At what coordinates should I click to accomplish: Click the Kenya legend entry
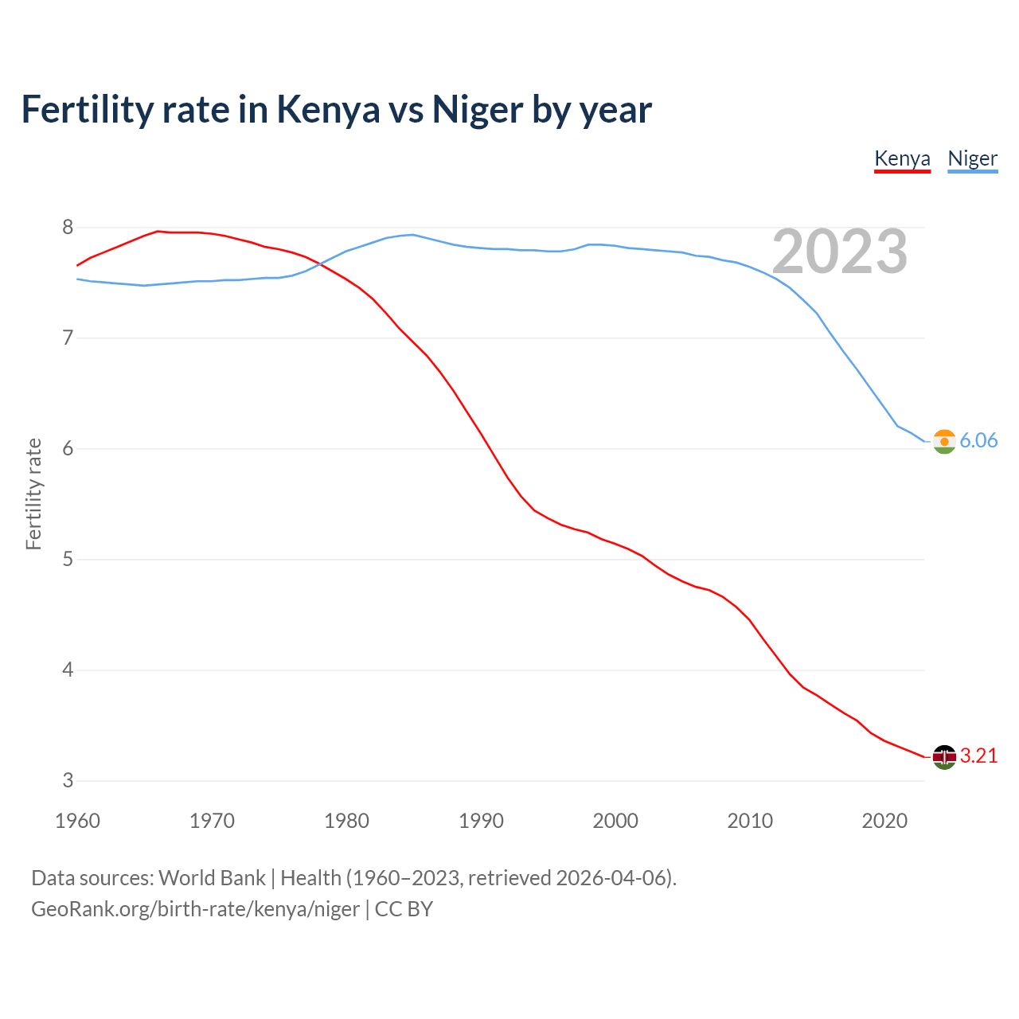(902, 158)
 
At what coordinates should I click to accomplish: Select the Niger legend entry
(972, 158)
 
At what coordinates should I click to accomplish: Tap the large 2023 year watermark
(839, 252)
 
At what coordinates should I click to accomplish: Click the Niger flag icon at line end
(944, 441)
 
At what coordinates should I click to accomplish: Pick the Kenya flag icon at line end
(944, 757)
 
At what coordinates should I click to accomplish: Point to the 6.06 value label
(978, 441)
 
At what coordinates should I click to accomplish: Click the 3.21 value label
(978, 756)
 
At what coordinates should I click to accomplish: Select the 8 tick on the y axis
(68, 228)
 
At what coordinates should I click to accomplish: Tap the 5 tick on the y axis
(68, 560)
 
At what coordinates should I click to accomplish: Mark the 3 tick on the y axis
(68, 781)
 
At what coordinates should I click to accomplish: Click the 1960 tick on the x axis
(77, 821)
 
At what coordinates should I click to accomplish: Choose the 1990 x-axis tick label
(481, 821)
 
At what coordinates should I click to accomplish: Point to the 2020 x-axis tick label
(884, 821)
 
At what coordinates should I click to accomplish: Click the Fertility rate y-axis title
(33, 494)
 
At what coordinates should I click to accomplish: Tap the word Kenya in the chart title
(328, 110)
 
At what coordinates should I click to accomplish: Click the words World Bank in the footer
(212, 878)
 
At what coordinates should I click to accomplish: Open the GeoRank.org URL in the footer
(195, 909)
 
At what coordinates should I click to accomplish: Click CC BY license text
(404, 909)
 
